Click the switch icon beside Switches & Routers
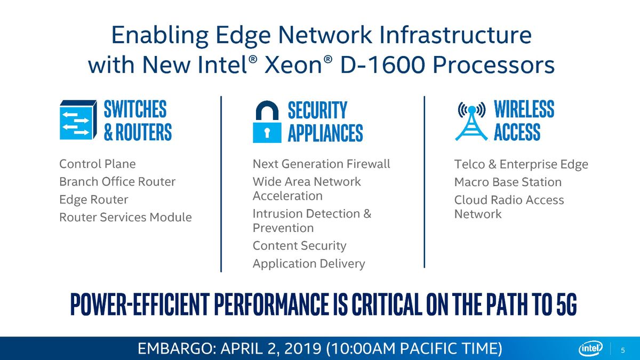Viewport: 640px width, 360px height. coord(78,119)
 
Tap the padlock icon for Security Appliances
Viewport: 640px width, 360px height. coord(267,122)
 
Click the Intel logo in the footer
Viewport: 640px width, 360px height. coord(590,349)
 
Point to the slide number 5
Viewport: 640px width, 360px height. coord(623,350)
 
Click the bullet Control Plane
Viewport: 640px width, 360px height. coord(98,164)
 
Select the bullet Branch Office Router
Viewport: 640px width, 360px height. coord(117,182)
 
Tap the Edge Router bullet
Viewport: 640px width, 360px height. coord(94,199)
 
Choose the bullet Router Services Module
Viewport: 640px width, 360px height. coord(125,217)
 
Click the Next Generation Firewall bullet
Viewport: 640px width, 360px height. coord(322,164)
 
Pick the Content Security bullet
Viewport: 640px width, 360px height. coord(299,246)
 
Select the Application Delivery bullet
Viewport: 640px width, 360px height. coord(309,263)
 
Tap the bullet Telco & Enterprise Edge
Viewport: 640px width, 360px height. coord(521,164)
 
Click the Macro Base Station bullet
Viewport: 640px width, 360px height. coord(508,182)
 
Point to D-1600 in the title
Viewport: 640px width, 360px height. coord(382,65)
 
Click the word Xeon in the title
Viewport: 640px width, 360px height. coord(293,65)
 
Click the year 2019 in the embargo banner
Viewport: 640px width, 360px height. coord(303,349)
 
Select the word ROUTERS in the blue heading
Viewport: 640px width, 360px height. coord(143,132)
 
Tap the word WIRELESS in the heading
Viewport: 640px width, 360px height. coord(524,109)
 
